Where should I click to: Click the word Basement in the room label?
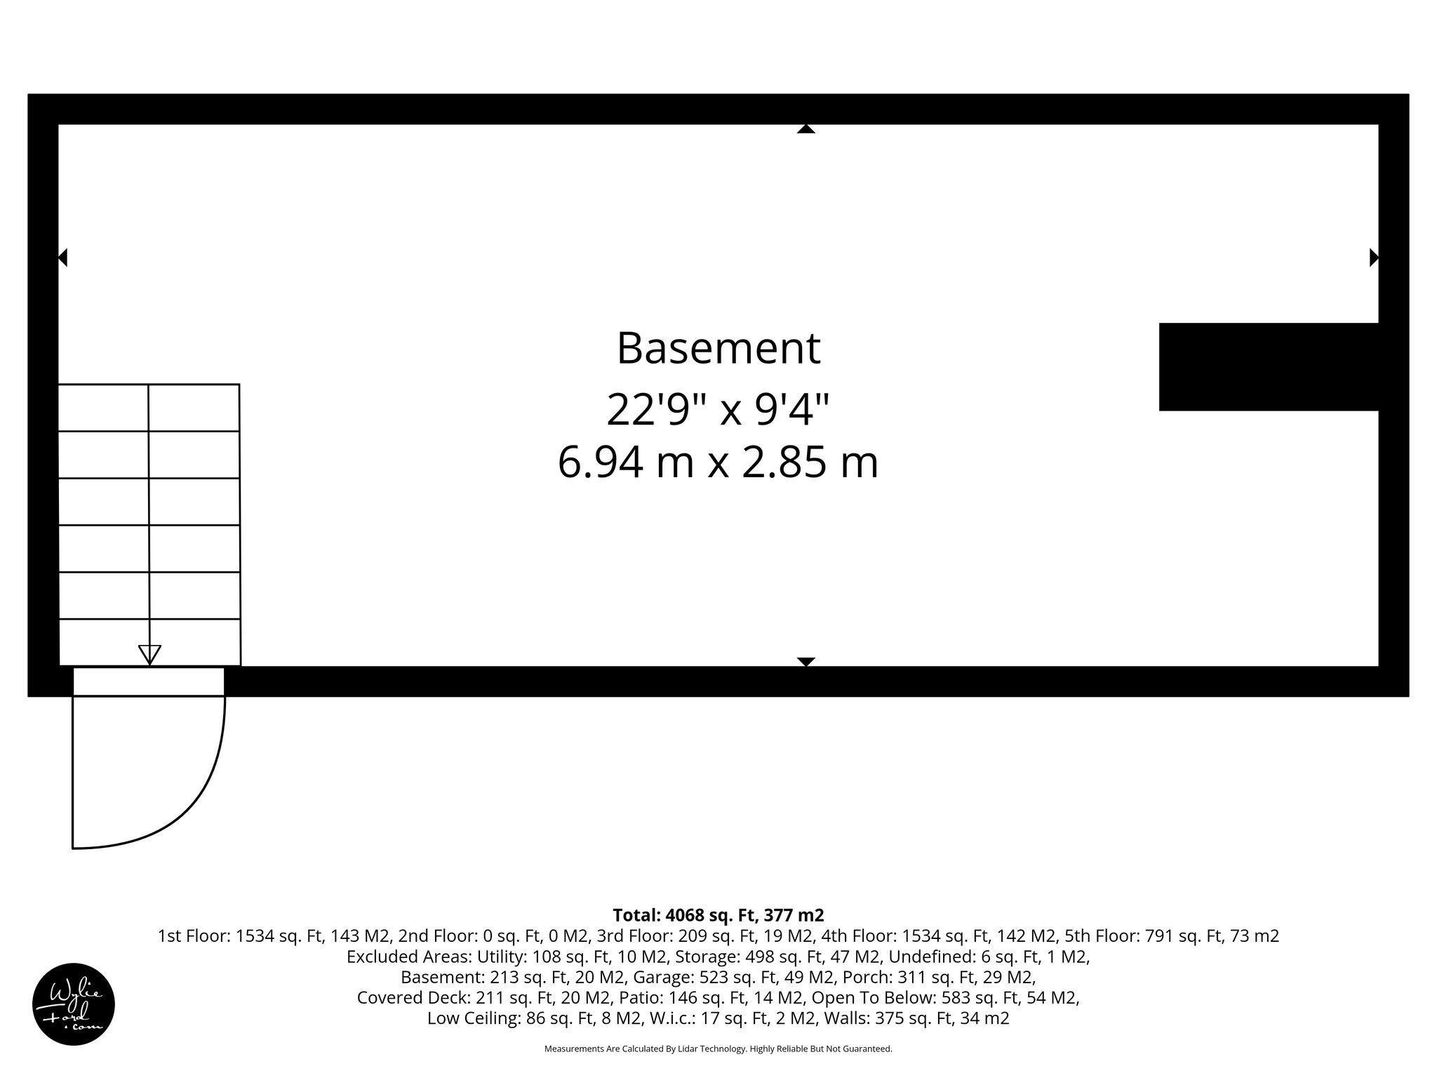(x=718, y=348)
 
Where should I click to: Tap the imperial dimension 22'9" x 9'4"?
(x=718, y=410)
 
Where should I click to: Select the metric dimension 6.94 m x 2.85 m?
(x=718, y=463)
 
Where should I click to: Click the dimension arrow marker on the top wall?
(x=806, y=129)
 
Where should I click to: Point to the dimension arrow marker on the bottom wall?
(x=806, y=661)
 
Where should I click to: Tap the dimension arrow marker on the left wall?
(x=62, y=258)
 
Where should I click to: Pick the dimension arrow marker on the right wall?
(x=1374, y=258)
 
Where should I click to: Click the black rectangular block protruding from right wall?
(x=1269, y=366)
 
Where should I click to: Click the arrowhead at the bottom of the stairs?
(x=149, y=654)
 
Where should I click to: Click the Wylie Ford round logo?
(x=74, y=1004)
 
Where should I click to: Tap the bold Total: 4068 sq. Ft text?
(x=718, y=915)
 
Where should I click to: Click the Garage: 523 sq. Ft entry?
(x=733, y=977)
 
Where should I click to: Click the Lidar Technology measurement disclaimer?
(x=718, y=1049)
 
